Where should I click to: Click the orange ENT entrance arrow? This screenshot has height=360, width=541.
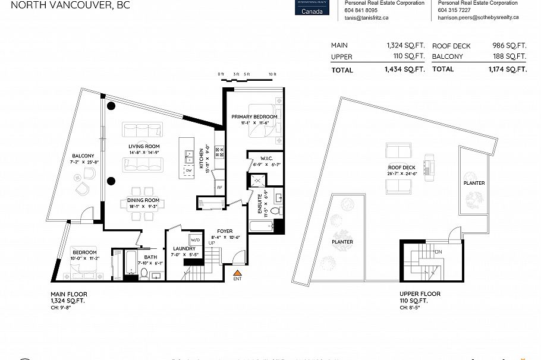237,271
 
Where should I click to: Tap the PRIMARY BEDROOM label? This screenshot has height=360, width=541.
255,116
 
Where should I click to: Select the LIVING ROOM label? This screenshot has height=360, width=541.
143,146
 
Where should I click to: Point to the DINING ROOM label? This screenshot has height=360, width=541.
143,201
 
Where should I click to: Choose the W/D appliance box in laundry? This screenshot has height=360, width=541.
195,241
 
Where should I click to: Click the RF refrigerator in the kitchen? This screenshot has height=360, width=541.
219,187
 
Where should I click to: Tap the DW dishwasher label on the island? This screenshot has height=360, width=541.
188,170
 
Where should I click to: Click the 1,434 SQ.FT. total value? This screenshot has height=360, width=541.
404,70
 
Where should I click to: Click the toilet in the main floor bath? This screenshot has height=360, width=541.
143,274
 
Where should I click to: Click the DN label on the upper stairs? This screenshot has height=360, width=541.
438,252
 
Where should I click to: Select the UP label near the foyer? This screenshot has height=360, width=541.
211,243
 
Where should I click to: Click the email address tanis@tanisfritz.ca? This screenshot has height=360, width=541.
367,18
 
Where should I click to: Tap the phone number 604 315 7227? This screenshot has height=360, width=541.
454,10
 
